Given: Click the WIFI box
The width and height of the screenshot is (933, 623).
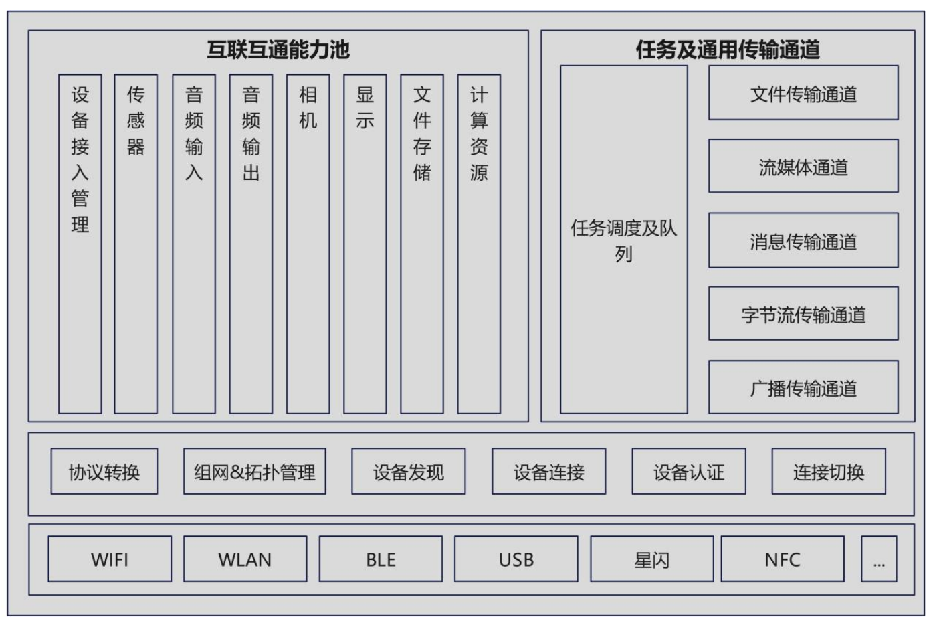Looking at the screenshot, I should tap(110, 559).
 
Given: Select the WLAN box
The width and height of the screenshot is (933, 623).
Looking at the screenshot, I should tap(245, 559).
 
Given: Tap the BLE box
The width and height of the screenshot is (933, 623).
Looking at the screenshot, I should tap(381, 559).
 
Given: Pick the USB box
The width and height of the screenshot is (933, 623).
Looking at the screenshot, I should tap(516, 559).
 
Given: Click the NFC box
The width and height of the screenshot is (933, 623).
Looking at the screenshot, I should tap(782, 559).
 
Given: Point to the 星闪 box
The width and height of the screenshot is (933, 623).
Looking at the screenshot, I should tap(651, 559).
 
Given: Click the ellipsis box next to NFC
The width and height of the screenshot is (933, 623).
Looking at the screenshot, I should tap(879, 559).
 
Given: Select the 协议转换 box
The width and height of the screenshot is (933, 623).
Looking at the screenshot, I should tap(104, 472).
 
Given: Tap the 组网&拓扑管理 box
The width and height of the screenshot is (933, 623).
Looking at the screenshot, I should tap(254, 472).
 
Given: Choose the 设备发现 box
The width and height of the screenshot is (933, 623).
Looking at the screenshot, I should tap(408, 472).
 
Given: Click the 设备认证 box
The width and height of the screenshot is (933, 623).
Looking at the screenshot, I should tap(688, 472).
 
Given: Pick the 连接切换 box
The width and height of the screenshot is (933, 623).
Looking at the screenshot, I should tap(828, 472).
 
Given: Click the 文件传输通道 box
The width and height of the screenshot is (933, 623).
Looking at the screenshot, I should tap(803, 94).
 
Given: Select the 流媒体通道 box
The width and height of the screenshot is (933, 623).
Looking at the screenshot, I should tap(803, 167).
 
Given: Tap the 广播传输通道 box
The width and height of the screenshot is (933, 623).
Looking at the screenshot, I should tap(803, 387).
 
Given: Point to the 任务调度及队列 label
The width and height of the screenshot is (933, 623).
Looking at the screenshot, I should tap(623, 240).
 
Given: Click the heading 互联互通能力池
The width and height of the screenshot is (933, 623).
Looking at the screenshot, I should tap(278, 50).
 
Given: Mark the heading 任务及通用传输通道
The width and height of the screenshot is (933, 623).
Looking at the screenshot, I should tap(727, 50).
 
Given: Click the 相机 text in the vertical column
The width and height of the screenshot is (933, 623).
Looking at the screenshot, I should tap(308, 107).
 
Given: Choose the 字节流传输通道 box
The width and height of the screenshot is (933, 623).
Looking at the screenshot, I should tap(803, 314).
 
